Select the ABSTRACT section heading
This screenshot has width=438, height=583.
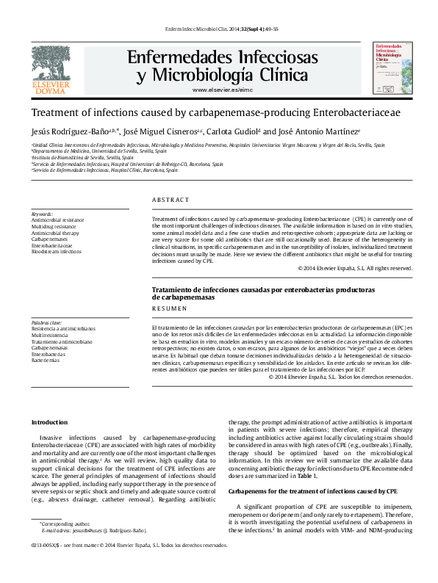(x=170, y=200)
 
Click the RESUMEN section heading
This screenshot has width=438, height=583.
(x=169, y=310)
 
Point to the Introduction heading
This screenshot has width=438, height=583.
(x=50, y=422)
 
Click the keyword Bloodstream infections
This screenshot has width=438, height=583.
(x=57, y=252)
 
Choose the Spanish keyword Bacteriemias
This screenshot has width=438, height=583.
(x=45, y=361)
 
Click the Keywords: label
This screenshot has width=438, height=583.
(x=42, y=214)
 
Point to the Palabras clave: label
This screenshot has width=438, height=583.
(x=47, y=322)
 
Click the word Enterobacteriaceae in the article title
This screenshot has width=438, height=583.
(x=356, y=113)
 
